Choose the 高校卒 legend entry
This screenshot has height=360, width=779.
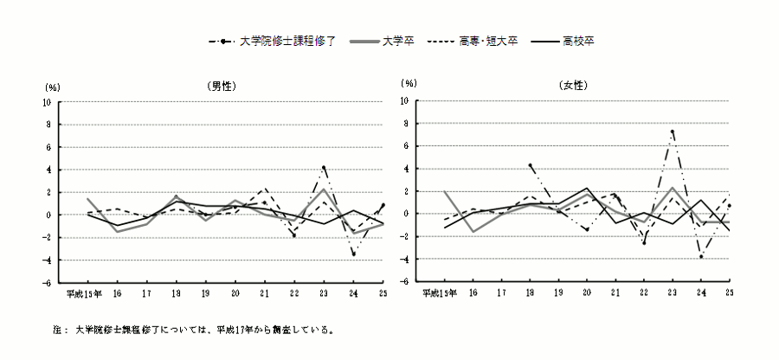[576, 41]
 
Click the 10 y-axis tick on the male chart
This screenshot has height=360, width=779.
[48, 101]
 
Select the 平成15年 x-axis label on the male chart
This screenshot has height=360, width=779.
[86, 293]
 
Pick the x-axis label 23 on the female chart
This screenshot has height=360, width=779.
[672, 293]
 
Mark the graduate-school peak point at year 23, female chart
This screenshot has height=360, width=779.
[673, 132]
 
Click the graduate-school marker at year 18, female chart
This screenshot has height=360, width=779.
[530, 165]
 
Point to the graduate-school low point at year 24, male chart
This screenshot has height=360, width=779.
[353, 254]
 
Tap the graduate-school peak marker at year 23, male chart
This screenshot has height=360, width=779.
[324, 168]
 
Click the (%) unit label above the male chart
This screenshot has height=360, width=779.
[51, 87]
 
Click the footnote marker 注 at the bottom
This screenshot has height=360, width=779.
[57, 330]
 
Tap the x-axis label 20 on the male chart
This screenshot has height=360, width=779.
[234, 293]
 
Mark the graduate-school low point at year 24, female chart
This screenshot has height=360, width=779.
[701, 256]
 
